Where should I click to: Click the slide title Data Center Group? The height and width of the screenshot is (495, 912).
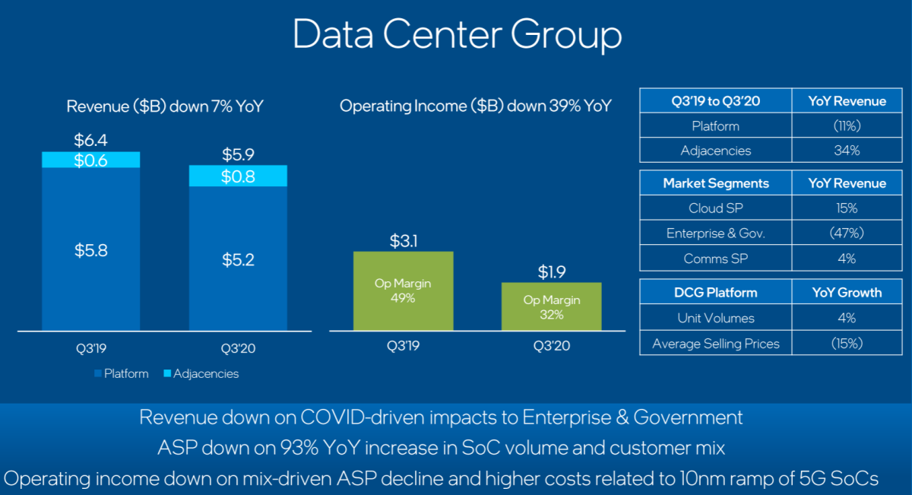point(457,35)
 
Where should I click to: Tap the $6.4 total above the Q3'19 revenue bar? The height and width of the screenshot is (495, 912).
point(91,141)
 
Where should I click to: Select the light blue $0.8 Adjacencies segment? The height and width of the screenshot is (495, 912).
point(238,176)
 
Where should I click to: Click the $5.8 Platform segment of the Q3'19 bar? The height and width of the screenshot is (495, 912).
point(91,251)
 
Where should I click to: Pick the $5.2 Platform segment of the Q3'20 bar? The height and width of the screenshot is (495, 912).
point(238,259)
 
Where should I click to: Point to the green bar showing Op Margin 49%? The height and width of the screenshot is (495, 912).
point(403,290)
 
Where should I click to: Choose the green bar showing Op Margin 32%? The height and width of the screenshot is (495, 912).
point(552,306)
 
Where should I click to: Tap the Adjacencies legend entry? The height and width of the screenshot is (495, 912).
point(201,373)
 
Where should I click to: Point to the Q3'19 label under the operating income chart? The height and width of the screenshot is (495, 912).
point(403,345)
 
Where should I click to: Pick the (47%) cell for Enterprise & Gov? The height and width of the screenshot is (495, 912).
point(847,233)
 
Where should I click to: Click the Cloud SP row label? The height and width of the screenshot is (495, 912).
point(715,208)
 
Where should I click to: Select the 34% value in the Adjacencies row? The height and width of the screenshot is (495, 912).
point(847,151)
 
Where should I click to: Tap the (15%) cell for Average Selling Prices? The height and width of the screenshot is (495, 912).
point(847,344)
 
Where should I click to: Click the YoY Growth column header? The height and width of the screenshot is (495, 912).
point(847,292)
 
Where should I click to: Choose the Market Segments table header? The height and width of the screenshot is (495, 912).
point(715,183)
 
